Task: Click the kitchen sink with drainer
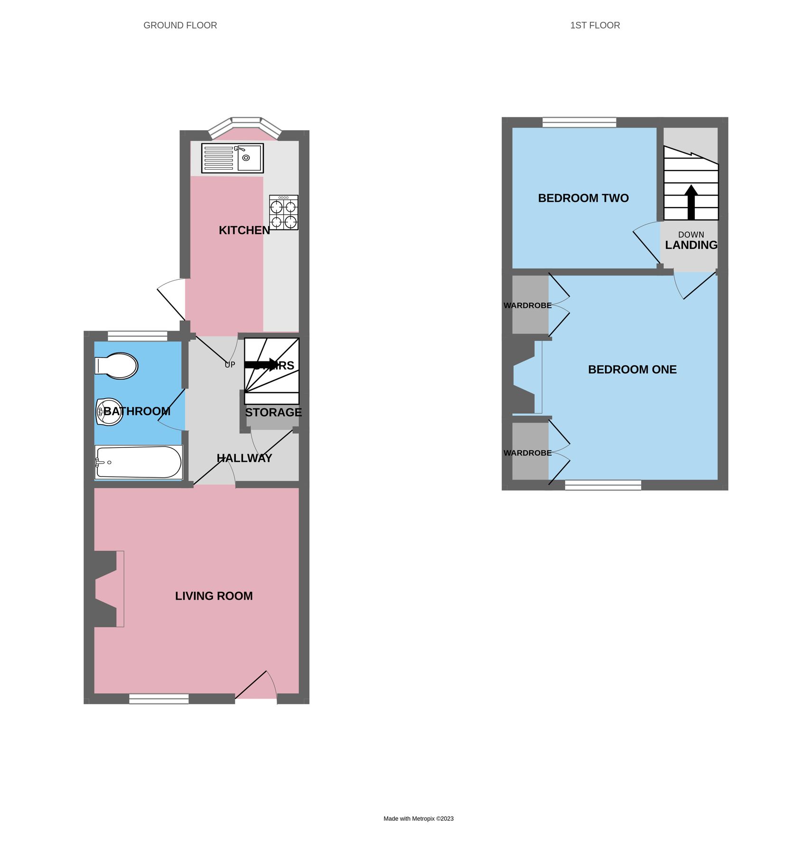(232, 158)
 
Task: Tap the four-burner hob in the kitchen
(283, 212)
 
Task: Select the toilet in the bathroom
(117, 365)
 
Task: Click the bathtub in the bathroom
(138, 462)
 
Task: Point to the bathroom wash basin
(109, 411)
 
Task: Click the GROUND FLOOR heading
(180, 26)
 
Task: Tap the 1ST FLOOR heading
(595, 26)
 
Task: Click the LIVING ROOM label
(214, 596)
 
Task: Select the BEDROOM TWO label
(583, 198)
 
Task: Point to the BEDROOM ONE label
(632, 370)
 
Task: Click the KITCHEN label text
(244, 230)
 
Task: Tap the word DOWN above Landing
(691, 235)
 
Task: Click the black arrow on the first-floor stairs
(691, 201)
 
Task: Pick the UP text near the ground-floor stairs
(230, 365)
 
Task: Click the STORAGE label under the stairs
(273, 412)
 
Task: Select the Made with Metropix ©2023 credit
(418, 818)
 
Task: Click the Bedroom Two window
(579, 123)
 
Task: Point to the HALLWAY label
(244, 458)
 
